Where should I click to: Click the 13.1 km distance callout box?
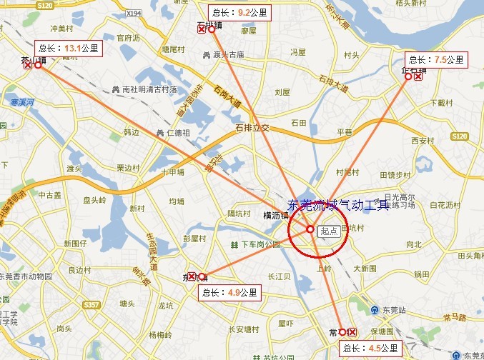(68, 49)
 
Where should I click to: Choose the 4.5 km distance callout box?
(369, 348)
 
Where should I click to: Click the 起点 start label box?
(330, 230)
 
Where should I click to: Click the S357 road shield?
(91, 304)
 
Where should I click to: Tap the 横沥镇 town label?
(275, 215)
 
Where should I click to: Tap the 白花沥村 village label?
(445, 205)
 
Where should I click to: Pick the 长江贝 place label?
(278, 276)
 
